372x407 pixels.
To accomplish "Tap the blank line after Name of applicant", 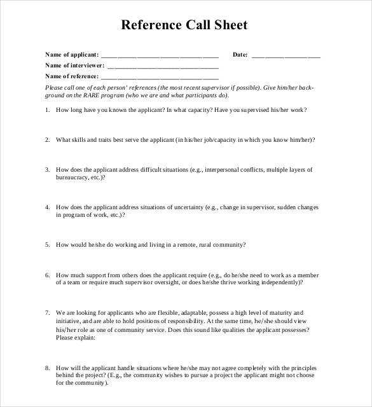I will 160,55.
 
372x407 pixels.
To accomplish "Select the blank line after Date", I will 286,55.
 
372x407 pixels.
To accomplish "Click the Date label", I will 240,55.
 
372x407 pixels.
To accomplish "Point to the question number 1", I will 47,110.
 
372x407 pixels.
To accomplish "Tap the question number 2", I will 47,140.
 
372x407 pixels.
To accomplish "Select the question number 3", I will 47,170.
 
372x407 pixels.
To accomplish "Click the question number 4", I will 47,207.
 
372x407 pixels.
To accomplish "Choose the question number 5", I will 47,244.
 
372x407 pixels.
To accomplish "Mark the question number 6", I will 47,275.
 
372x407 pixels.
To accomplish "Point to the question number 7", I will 47,313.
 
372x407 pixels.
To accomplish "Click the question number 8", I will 47,368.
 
